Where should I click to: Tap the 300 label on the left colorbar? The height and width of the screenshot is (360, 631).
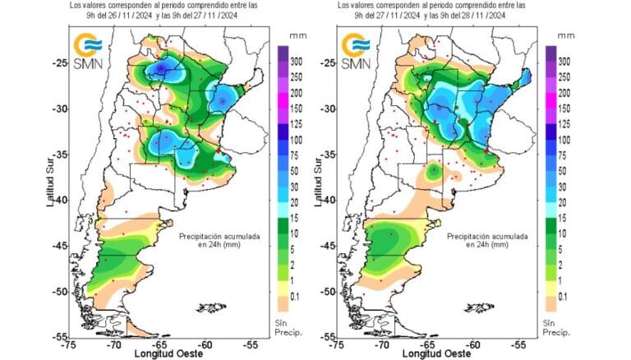(298, 62)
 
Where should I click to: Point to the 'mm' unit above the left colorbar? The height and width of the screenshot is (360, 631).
(297, 37)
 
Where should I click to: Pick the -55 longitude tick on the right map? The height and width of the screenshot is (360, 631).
(518, 344)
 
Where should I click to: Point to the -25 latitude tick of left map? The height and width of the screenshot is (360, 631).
(58, 63)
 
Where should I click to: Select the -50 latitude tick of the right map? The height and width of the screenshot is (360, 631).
(326, 291)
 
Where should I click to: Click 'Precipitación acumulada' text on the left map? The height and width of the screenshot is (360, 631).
(220, 236)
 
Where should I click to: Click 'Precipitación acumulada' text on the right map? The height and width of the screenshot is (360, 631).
(488, 236)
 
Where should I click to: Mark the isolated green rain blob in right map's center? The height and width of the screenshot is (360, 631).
(433, 172)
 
